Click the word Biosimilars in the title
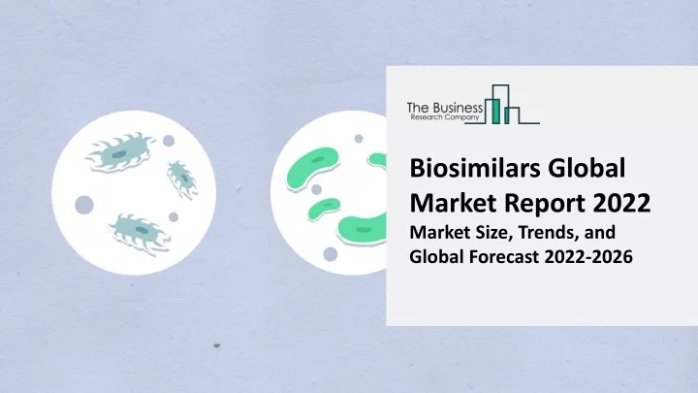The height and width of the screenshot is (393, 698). click(x=474, y=168)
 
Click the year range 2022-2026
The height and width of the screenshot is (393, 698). click(x=588, y=256)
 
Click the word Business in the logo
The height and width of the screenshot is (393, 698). click(x=458, y=108)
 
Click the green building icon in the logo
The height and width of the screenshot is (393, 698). click(x=502, y=104)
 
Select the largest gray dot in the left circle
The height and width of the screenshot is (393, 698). click(x=84, y=205)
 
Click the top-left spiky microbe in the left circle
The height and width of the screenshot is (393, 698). click(x=120, y=152)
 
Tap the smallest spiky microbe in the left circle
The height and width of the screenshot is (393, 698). click(x=182, y=180)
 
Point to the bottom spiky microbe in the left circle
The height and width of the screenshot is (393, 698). click(x=139, y=232)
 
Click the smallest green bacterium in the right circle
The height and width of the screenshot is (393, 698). click(x=324, y=209)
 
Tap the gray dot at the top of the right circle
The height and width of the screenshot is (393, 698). click(x=359, y=139)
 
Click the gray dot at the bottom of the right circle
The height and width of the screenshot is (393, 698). click(x=330, y=254)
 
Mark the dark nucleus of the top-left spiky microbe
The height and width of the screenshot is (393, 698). click(x=118, y=154)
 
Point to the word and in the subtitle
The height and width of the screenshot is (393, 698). click(x=601, y=233)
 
